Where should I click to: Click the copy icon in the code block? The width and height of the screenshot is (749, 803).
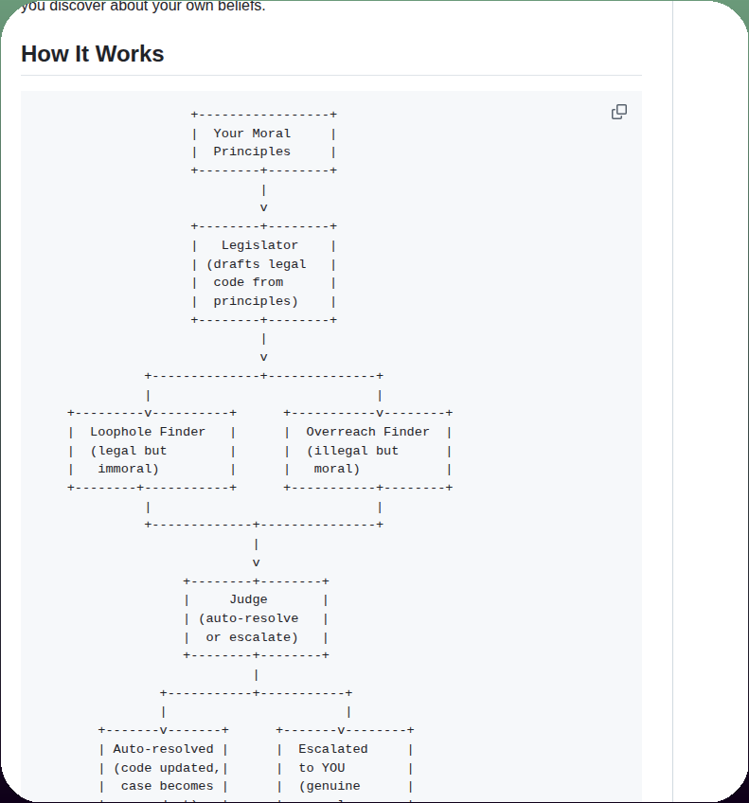click(x=619, y=112)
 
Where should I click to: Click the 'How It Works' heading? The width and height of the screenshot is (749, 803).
click(x=92, y=54)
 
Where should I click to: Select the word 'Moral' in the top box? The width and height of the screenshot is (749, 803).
click(x=272, y=134)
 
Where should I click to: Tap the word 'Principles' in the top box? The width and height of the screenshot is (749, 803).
click(x=252, y=152)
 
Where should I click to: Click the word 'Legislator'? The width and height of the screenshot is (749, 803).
click(x=259, y=245)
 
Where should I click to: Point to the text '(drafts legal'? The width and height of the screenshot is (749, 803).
click(x=256, y=264)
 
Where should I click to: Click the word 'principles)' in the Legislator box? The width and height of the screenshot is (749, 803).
click(x=256, y=301)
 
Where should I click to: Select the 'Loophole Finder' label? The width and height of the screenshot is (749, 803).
click(x=148, y=432)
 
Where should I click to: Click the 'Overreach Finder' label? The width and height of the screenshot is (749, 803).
click(x=367, y=432)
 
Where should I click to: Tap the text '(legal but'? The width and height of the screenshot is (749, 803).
click(x=129, y=451)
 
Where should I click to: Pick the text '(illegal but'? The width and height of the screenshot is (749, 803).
click(x=352, y=451)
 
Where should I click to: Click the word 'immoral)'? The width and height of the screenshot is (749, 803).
click(x=129, y=469)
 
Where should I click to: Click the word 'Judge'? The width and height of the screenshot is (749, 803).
click(x=248, y=599)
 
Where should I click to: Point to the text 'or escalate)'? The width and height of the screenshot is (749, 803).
click(x=252, y=637)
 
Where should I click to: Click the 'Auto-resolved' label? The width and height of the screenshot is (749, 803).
click(x=163, y=749)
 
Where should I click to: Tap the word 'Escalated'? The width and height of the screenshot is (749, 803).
click(x=333, y=749)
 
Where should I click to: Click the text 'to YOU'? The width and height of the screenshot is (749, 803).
click(x=322, y=768)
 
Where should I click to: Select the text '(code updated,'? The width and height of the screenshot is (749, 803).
click(x=167, y=768)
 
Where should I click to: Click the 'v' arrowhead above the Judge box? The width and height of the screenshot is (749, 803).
click(x=256, y=562)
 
